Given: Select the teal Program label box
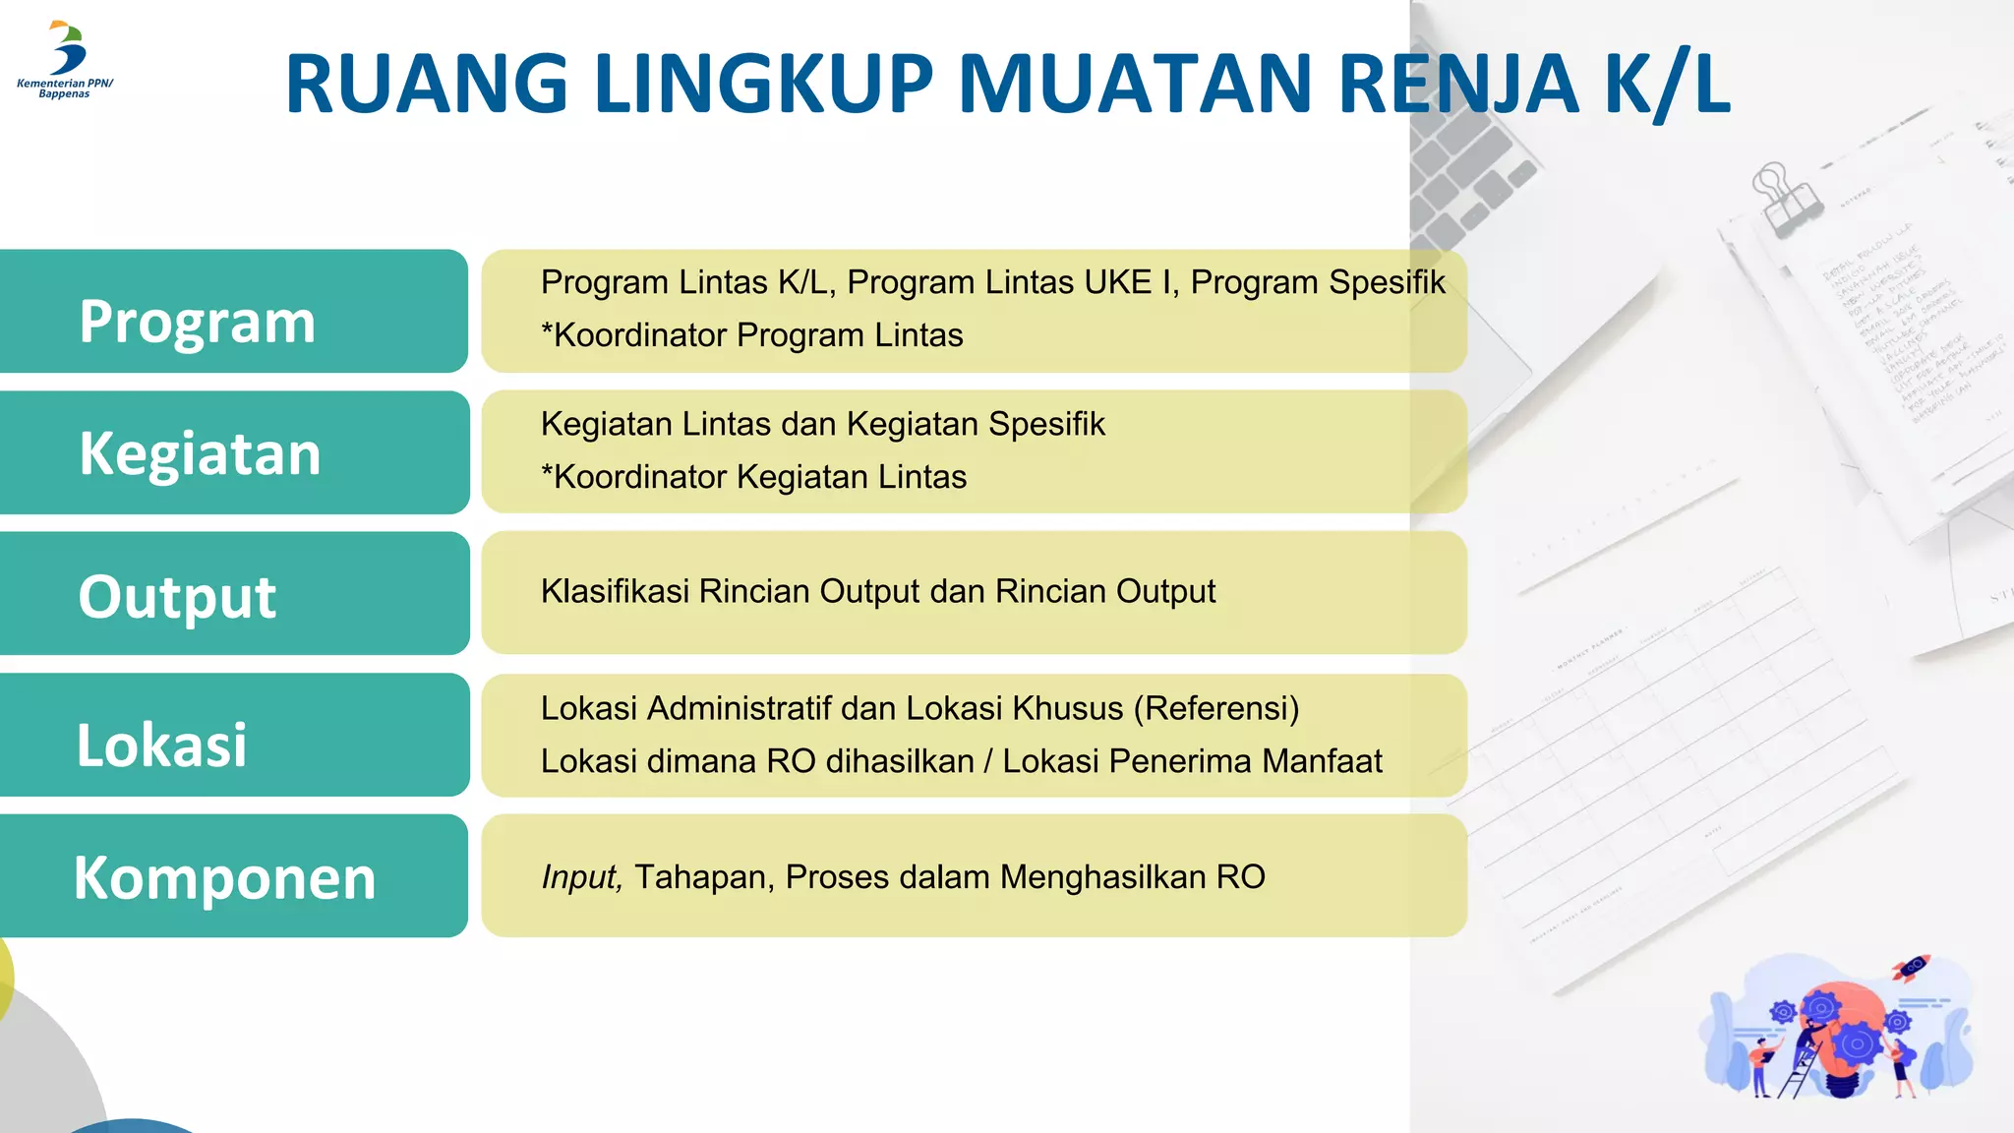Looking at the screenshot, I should point(233,312).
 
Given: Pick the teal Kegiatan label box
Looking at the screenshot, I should point(234,452).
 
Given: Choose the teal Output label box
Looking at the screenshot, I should point(234,594).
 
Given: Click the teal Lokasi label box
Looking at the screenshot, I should point(234,736).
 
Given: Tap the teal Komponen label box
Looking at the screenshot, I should point(233,876).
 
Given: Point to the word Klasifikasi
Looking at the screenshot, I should point(615,591).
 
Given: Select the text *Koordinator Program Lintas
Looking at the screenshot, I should point(752,335).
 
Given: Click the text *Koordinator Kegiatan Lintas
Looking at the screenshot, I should point(754,477).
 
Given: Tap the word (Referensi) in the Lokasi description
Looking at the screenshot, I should point(1216,708).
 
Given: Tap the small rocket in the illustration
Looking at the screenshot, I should point(1912,968).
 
